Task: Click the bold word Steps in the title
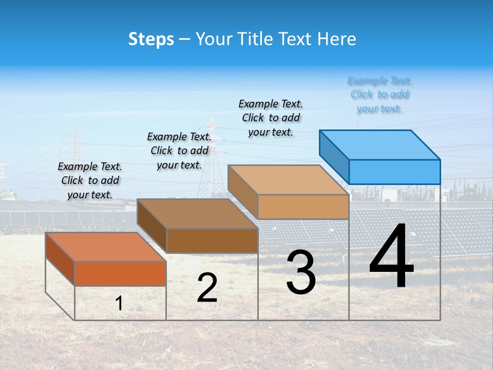(151, 39)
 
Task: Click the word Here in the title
(337, 39)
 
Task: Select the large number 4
(391, 257)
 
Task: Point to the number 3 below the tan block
(300, 272)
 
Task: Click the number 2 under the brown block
(207, 288)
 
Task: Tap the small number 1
(119, 303)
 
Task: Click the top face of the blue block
(380, 144)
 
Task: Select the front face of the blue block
(394, 172)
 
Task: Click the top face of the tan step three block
(288, 180)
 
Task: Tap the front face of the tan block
(303, 207)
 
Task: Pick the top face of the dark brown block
(197, 214)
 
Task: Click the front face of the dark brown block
(212, 240)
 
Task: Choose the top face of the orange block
(106, 247)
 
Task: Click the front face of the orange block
(120, 273)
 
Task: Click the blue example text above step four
(380, 95)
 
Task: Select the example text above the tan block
(271, 118)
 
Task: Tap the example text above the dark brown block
(179, 151)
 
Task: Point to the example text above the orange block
(90, 180)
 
